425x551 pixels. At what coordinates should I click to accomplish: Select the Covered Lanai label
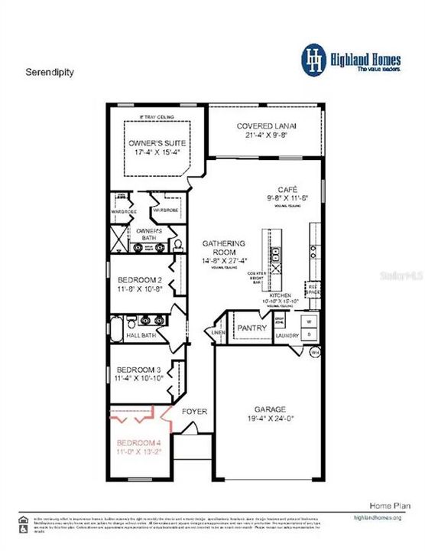coord(267,126)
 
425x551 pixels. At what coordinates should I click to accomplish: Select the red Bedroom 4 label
coord(138,443)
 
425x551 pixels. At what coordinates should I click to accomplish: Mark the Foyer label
coord(194,412)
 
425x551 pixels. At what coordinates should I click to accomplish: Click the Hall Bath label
coord(141,335)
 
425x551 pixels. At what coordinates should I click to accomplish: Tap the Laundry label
coord(287,335)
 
